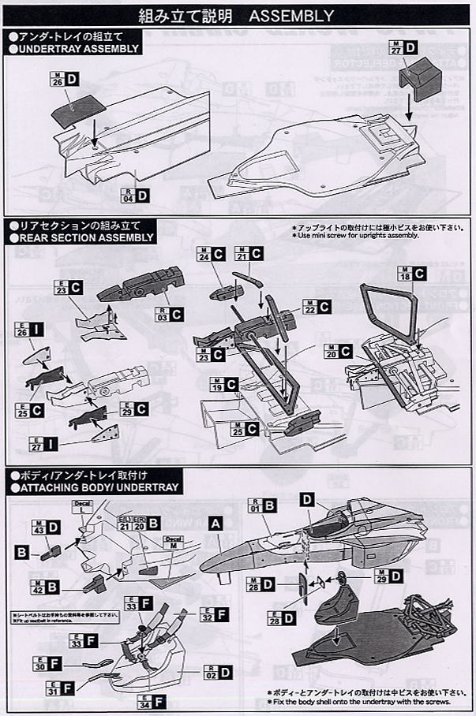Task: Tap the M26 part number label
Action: (x=57, y=80)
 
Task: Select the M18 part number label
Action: (x=405, y=274)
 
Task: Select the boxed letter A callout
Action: (x=214, y=522)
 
